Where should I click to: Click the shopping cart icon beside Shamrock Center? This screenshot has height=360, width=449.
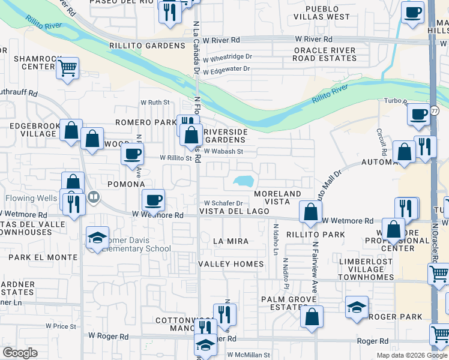pyautogui.click(x=68, y=68)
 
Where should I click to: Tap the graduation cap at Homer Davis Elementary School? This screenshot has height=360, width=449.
pyautogui.click(x=97, y=238)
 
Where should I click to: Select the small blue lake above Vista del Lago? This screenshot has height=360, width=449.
pyautogui.click(x=244, y=180)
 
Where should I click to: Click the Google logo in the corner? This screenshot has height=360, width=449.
pyautogui.click(x=20, y=352)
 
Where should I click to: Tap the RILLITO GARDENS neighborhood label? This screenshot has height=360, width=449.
pyautogui.click(x=147, y=46)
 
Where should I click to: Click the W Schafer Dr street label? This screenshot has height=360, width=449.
pyautogui.click(x=223, y=203)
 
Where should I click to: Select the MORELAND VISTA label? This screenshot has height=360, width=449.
pyautogui.click(x=277, y=198)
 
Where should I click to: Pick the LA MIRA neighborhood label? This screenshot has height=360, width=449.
pyautogui.click(x=231, y=241)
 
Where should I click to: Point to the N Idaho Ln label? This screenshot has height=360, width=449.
pyautogui.click(x=276, y=239)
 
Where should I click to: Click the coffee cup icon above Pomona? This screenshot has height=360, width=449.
pyautogui.click(x=132, y=154)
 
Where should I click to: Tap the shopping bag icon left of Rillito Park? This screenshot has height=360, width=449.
pyautogui.click(x=310, y=212)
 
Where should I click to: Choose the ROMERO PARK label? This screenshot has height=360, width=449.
pyautogui.click(x=154, y=122)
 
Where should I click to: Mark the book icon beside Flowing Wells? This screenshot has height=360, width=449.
pyautogui.click(x=93, y=197)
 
